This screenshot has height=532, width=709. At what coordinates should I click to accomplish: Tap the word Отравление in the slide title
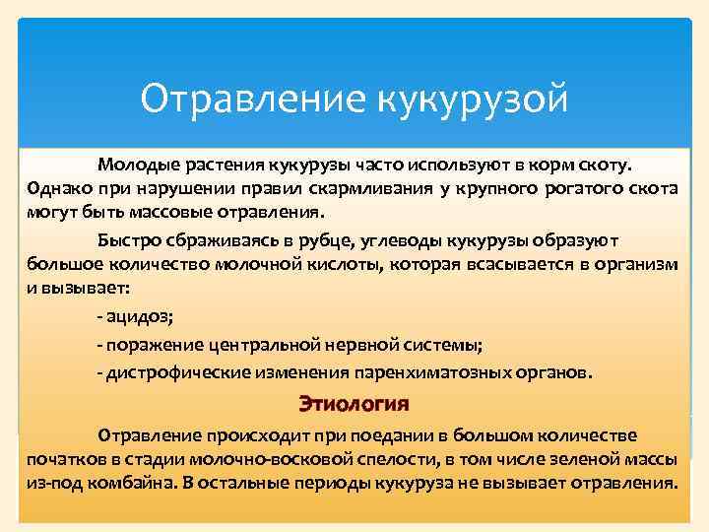(252, 99)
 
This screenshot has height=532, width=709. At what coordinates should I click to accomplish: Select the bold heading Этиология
(354, 404)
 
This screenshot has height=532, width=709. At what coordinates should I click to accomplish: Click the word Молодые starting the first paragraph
(133, 163)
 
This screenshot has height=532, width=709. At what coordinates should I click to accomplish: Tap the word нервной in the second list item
(373, 345)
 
